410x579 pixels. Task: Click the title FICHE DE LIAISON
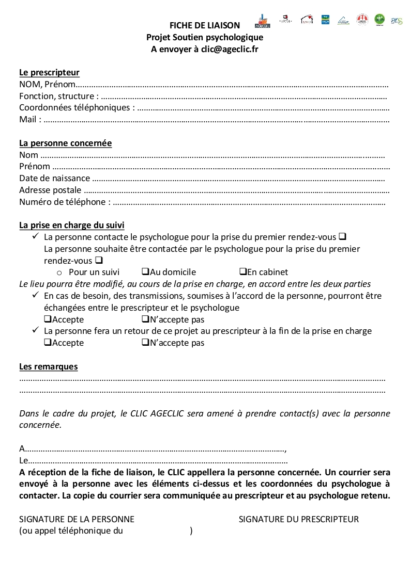[205, 25]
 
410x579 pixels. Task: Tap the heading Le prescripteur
[49, 73]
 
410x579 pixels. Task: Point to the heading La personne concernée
[65, 143]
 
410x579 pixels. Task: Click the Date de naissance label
[54, 178]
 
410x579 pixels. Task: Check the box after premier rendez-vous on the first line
[342, 236]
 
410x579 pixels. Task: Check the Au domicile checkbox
[145, 272]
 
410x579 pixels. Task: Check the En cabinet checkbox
[242, 272]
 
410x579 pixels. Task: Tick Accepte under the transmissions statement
[48, 319]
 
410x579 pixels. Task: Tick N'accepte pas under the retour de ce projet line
[145, 343]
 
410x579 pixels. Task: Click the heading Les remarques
[48, 367]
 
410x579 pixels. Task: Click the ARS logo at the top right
[397, 21]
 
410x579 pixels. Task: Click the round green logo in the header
[379, 20]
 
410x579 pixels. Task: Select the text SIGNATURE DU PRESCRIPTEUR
[298, 519]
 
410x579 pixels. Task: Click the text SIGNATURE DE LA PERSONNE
[77, 519]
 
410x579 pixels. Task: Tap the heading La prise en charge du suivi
[71, 225]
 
